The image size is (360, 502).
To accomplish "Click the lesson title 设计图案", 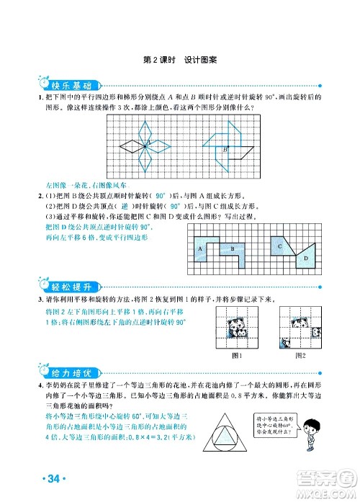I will point(200,60).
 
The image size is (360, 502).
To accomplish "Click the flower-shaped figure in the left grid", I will point(145,146).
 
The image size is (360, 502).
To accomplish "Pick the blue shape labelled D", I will point(305,256).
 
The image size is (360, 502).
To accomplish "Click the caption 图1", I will point(235,354).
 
